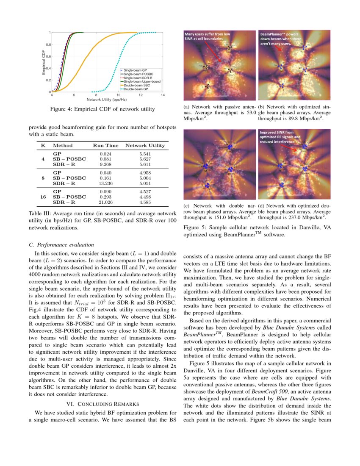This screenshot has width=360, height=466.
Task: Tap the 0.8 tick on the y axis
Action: point(48,44)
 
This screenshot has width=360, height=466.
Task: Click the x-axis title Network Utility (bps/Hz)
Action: point(107,100)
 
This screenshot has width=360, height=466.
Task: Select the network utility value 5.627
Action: point(145,159)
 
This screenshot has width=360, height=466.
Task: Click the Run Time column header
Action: point(105,145)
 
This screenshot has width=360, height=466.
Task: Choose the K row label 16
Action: point(43,197)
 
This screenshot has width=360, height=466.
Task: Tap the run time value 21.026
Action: point(105,202)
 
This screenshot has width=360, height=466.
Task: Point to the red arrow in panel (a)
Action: point(212,53)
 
